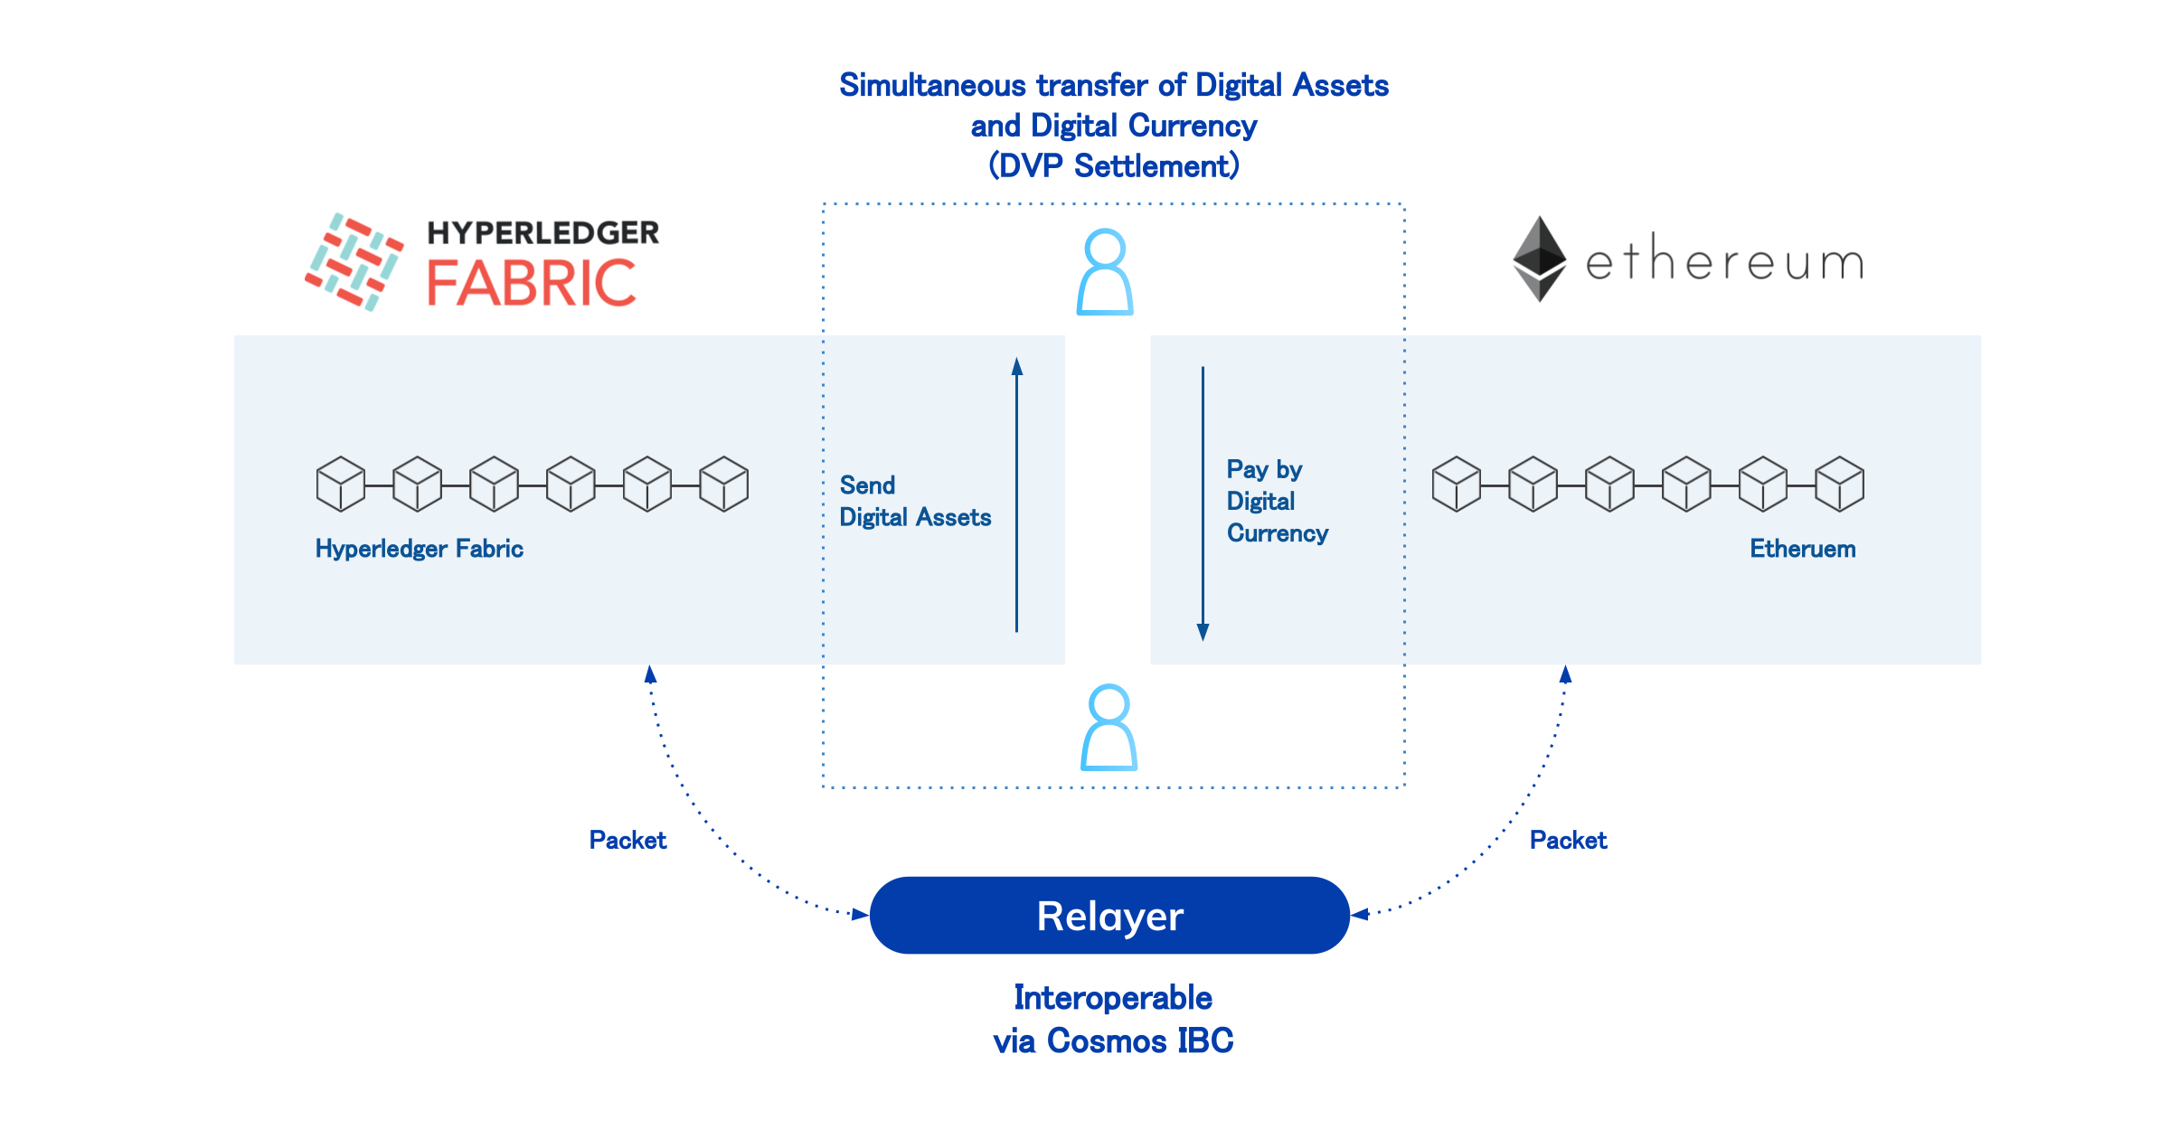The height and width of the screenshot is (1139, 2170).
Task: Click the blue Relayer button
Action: pos(1109,915)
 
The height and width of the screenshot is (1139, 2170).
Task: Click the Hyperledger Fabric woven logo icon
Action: pos(354,262)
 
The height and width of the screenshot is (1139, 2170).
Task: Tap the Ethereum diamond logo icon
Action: pos(1539,259)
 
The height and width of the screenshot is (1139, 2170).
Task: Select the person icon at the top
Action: pos(1105,272)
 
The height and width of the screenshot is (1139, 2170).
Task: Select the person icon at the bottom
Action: pos(1109,728)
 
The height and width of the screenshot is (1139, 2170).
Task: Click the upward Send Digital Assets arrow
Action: pos(1017,494)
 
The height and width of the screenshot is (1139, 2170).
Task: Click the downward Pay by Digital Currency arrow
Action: pos(1203,504)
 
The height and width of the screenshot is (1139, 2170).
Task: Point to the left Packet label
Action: pos(627,840)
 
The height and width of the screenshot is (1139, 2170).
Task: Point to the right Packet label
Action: pos(1568,840)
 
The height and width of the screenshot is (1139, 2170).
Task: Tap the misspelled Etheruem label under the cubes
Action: pos(1802,549)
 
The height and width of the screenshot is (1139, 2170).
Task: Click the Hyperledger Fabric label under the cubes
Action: pos(420,549)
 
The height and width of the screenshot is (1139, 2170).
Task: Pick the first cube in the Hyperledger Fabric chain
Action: pos(341,484)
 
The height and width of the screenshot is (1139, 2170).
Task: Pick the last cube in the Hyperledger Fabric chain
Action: pos(724,484)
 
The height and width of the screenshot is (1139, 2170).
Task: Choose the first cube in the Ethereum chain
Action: pos(1457,484)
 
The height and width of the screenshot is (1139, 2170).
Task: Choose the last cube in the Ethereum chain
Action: pos(1840,484)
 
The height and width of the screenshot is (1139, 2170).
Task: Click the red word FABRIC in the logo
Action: pos(532,283)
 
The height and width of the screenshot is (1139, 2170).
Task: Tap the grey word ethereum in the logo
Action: pos(1725,259)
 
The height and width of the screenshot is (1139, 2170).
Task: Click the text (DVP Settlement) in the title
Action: pos(1114,166)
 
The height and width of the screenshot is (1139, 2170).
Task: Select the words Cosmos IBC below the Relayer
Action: pos(1140,1040)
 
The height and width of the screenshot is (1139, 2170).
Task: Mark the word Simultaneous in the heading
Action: pos(932,85)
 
